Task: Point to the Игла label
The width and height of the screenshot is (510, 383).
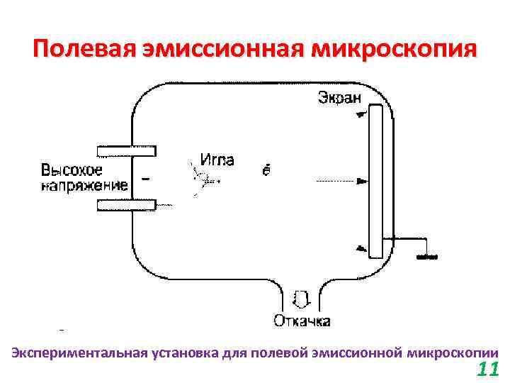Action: pos(217,160)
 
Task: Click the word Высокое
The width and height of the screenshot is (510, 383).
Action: pos(72,170)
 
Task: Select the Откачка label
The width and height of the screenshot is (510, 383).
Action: pos(302,322)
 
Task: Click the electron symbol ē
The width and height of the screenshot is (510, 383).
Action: pos(266,170)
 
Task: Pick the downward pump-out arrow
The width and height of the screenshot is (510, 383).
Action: pos(300,298)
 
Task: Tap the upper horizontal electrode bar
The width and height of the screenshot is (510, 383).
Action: pos(127,150)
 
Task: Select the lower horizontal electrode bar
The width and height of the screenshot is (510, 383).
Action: pos(127,205)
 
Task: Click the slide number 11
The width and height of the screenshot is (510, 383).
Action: pos(487,369)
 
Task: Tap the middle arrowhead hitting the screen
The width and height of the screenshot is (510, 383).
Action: pos(362,182)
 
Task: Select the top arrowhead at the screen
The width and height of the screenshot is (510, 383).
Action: pos(361,113)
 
